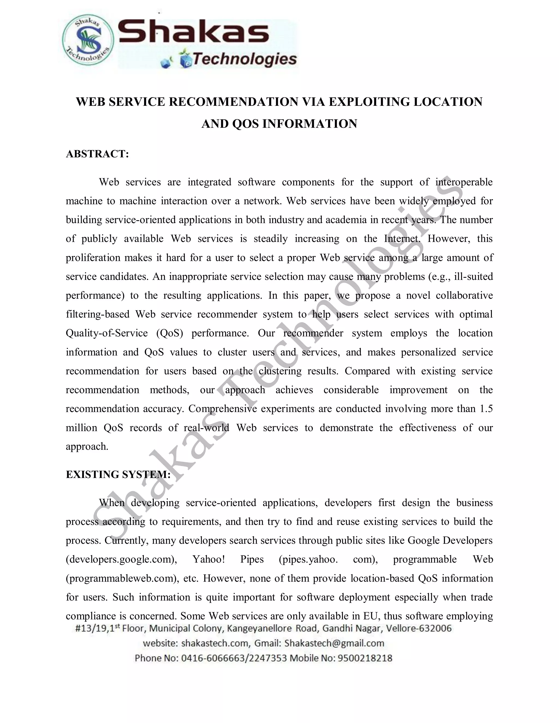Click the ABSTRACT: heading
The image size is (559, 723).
coord(97,154)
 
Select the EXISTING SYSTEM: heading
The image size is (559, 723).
coord(118,474)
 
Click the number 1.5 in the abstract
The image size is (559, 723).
coord(486,409)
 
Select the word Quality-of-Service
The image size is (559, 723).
coord(107,333)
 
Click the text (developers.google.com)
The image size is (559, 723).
coord(121,560)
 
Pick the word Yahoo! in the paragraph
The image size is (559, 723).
coord(209,560)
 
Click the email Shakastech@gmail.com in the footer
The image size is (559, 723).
coord(334,643)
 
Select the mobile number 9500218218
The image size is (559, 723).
coord(365,658)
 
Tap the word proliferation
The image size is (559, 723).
coord(93,258)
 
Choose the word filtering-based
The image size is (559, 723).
coord(98,314)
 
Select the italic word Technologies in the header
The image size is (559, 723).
coord(244,59)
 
